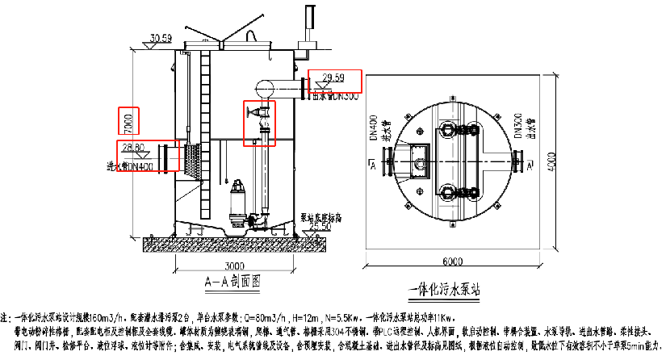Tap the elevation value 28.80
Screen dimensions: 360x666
click(133, 148)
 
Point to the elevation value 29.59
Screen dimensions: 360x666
click(333, 77)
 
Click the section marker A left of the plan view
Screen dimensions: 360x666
click(371, 165)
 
